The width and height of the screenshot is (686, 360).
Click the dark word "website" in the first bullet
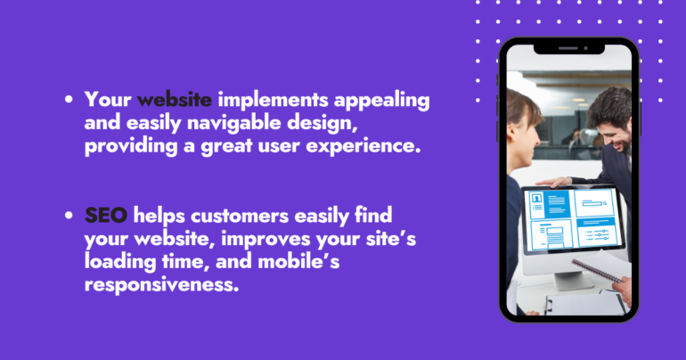175,99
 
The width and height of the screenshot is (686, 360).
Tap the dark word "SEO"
106,216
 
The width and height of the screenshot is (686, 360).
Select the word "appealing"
381,101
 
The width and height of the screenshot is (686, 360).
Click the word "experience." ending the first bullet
363,146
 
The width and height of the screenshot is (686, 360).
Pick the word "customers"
240,216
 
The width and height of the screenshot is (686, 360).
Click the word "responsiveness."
161,285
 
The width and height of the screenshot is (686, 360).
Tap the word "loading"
120,263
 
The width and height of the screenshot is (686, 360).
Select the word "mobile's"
298,261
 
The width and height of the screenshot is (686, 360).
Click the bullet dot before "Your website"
69,99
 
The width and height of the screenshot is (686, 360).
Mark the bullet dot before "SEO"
69,216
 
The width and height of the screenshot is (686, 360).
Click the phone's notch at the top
568,48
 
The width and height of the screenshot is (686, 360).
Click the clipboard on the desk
585,303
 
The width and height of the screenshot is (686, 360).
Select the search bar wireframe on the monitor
593,203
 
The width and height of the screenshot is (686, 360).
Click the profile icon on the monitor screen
536,199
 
